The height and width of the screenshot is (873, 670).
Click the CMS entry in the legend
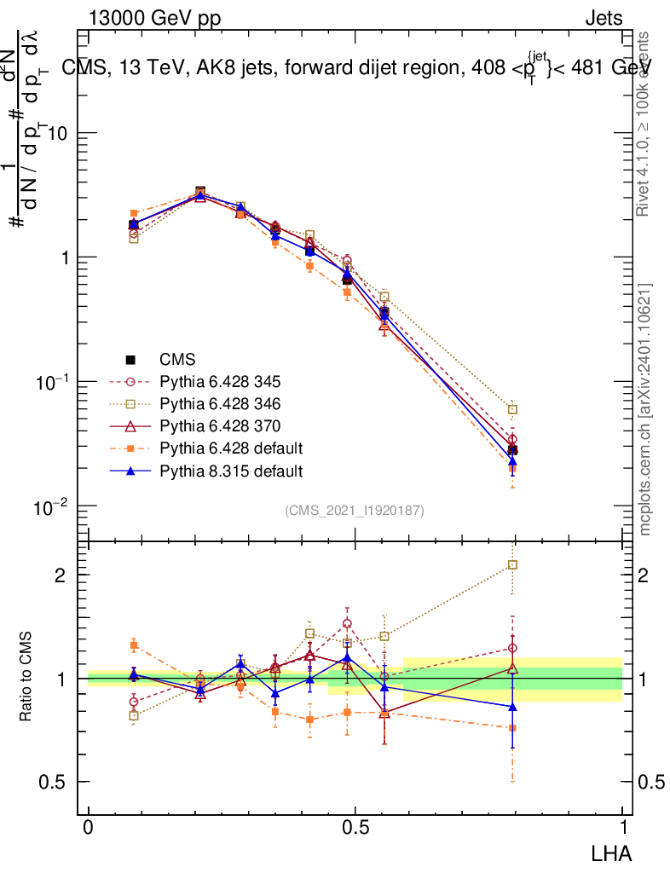click(x=180, y=359)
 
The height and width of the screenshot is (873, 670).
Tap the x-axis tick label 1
click(x=622, y=828)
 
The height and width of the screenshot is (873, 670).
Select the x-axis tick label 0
click(x=89, y=828)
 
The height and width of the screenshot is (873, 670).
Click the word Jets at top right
click(x=604, y=18)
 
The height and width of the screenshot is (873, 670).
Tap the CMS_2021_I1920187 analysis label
click(x=355, y=510)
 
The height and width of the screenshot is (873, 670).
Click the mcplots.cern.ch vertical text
click(x=646, y=408)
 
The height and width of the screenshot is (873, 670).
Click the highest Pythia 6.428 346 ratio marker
click(x=512, y=564)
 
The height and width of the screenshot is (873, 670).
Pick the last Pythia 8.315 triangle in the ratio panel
click(x=512, y=706)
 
